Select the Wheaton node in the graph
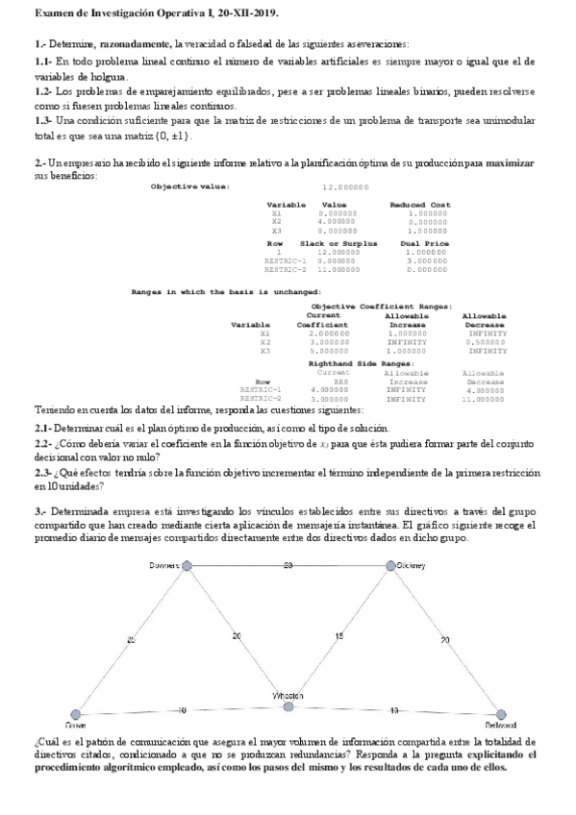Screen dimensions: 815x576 288,706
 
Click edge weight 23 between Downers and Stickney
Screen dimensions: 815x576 288,565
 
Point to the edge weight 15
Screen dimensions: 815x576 338,636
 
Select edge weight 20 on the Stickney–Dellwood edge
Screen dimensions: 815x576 444,639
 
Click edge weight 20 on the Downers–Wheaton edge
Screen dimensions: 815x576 236,636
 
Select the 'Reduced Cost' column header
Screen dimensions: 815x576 419,205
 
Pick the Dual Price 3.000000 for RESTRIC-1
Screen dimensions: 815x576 423,260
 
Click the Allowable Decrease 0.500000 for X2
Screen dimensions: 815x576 486,341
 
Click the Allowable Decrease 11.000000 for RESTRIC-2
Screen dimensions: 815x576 485,397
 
